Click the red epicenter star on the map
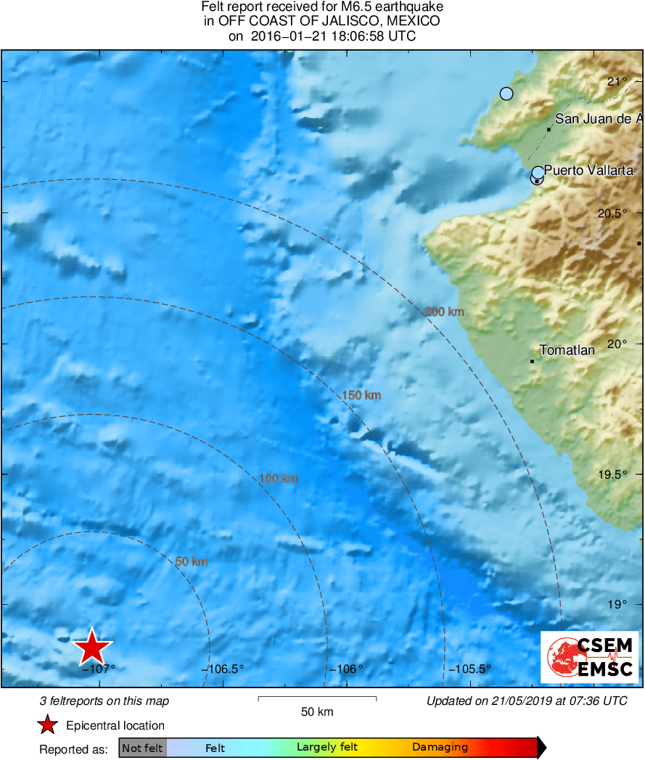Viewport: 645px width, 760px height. coord(92,647)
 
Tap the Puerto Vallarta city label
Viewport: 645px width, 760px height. coord(588,171)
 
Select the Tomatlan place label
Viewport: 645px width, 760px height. coord(567,350)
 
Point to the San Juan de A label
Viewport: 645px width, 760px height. coord(599,119)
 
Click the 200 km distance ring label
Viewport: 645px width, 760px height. coord(443,312)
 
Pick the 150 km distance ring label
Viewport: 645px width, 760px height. coord(361,395)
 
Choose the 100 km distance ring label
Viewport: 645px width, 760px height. coord(279,479)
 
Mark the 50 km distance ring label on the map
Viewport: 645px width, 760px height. coord(192,562)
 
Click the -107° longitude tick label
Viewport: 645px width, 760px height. coord(99,669)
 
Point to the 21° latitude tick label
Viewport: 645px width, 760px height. coord(618,81)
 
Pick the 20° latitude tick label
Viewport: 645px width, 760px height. coord(617,344)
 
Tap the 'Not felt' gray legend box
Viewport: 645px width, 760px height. coord(142,748)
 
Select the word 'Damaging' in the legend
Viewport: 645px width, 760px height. coord(440,748)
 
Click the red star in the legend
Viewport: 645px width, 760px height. coord(48,725)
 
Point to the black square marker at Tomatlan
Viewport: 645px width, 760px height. coord(532,361)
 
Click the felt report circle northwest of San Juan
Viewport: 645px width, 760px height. coord(506,94)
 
